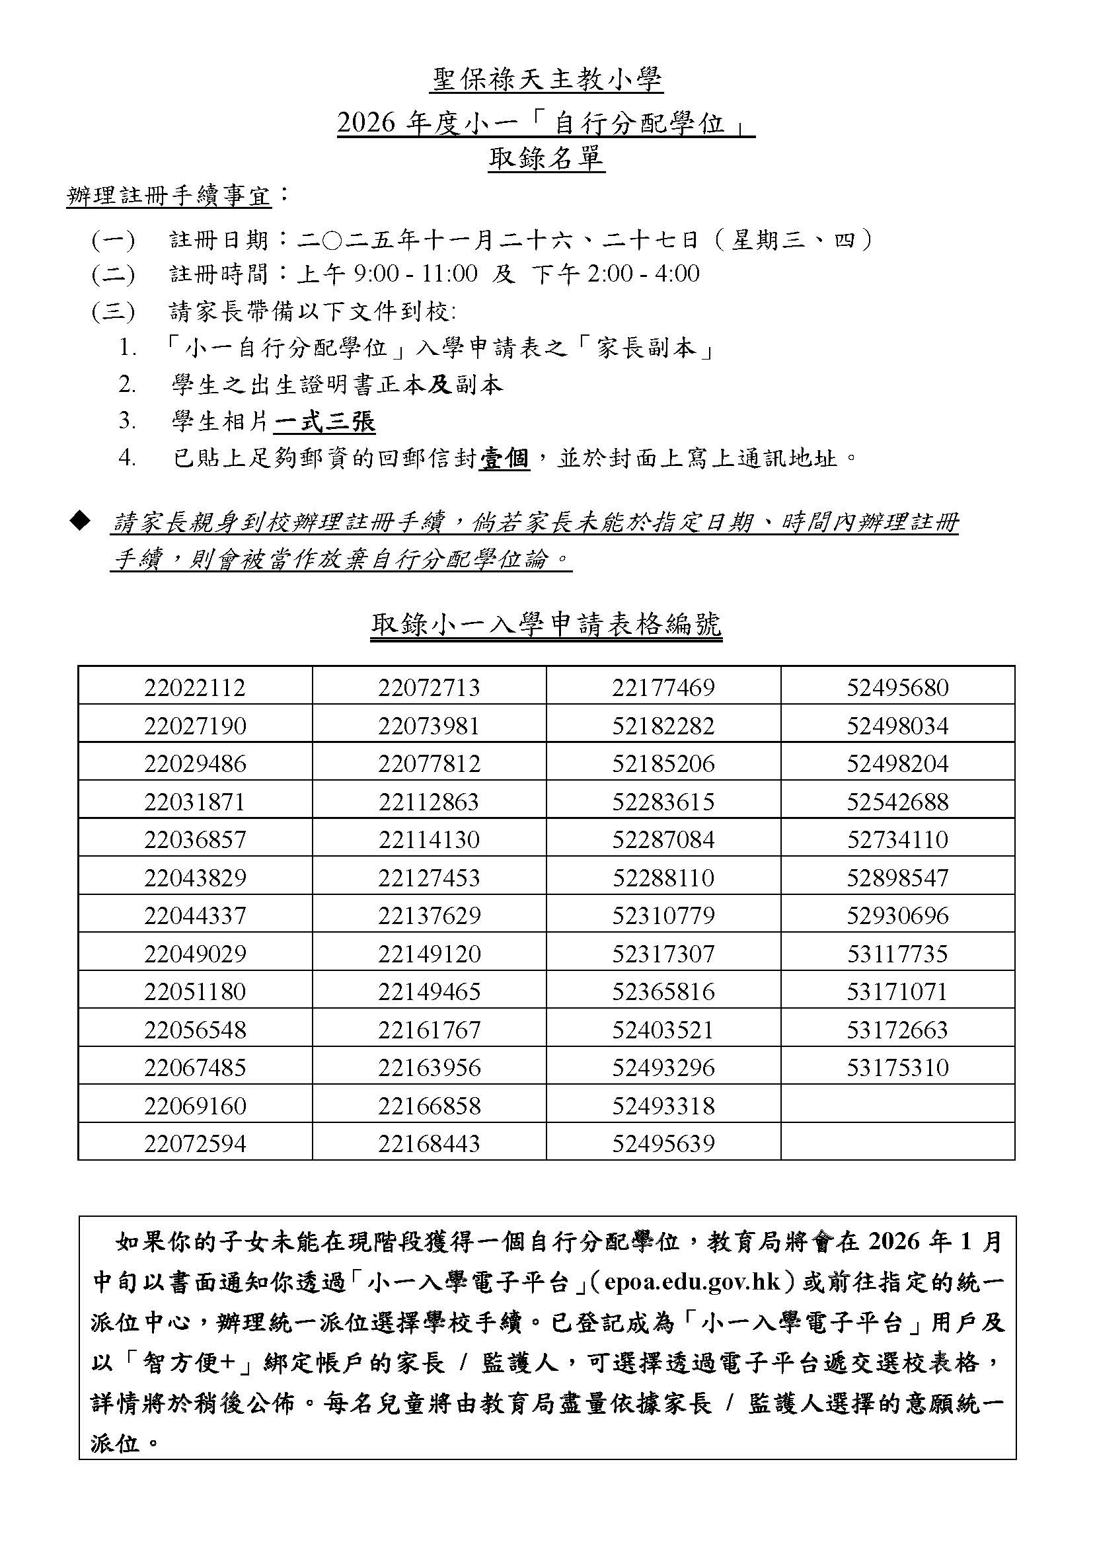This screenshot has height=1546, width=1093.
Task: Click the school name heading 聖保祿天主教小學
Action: pos(546,81)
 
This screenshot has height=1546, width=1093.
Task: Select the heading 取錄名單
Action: pos(546,159)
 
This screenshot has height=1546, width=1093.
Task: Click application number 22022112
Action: pos(195,687)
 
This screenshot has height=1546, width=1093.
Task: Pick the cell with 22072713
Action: pos(430,687)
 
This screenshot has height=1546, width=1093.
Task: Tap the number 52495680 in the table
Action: pos(898,687)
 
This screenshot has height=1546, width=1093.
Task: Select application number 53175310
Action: pos(898,1067)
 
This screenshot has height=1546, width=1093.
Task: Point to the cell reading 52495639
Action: pos(663,1143)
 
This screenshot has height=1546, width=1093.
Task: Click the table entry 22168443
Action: pos(430,1143)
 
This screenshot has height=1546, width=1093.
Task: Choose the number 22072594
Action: pos(195,1143)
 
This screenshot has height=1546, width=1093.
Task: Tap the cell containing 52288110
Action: pos(663,877)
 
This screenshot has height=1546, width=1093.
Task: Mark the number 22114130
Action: pos(430,839)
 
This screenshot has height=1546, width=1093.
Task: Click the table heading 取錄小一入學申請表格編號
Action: pos(546,625)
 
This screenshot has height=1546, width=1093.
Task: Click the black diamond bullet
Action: pos(80,520)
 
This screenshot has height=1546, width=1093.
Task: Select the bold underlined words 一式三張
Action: pos(324,422)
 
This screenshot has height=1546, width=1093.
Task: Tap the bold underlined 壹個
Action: pos(504,459)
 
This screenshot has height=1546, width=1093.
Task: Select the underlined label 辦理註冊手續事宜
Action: pos(169,196)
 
